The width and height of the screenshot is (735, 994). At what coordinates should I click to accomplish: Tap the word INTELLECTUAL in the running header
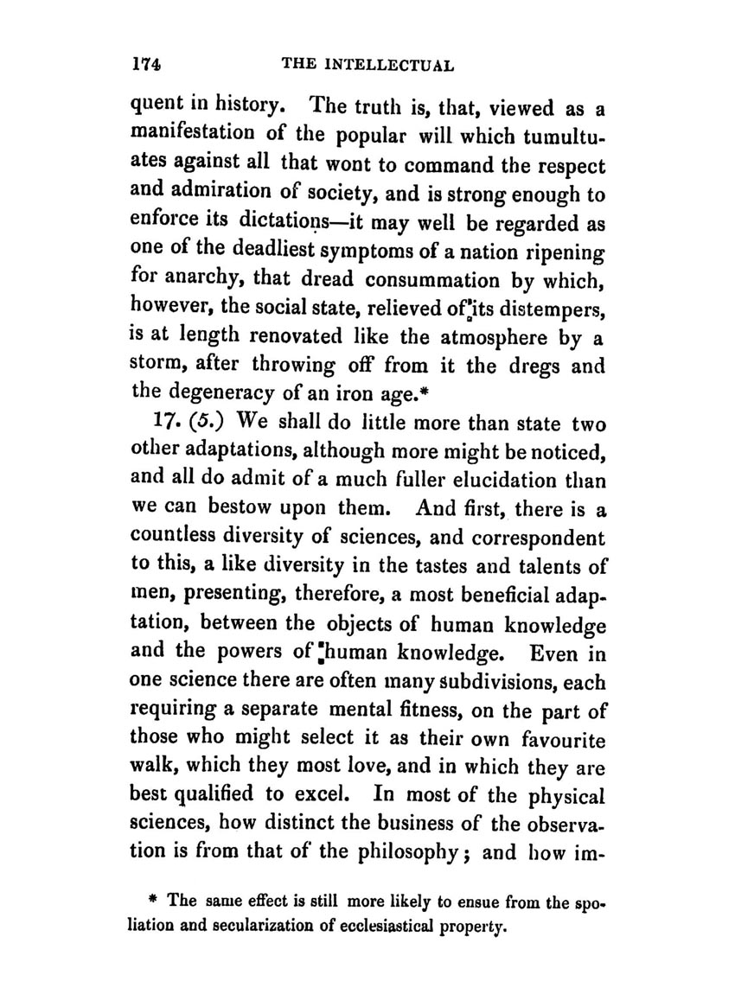tap(393, 65)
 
